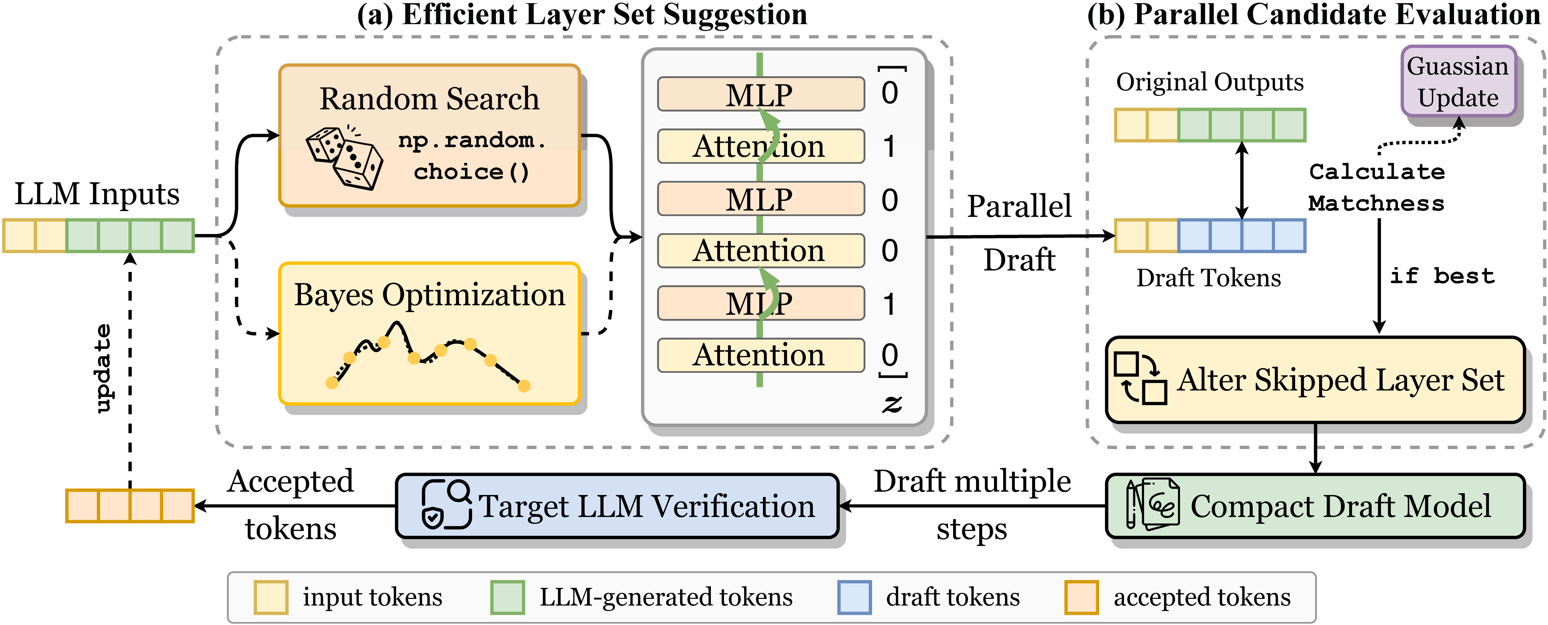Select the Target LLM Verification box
tap(617, 506)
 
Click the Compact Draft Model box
tap(1315, 506)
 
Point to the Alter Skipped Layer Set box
tap(1315, 380)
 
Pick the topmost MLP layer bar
tap(760, 94)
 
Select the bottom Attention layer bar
tap(760, 355)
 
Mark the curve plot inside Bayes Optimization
tap(428, 358)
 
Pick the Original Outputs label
tap(1210, 82)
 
